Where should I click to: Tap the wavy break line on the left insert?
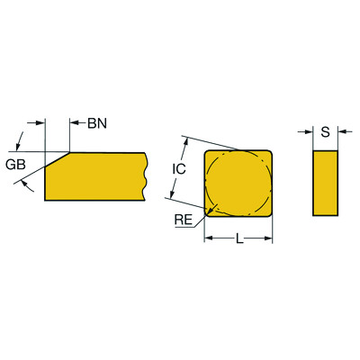click(x=147, y=175)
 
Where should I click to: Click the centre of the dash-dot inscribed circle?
click(x=238, y=183)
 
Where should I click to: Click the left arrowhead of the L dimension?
click(x=209, y=238)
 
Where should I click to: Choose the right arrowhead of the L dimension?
click(x=268, y=238)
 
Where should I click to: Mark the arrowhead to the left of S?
click(x=308, y=133)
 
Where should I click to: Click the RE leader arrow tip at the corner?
click(x=209, y=211)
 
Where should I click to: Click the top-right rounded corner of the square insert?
click(x=267, y=155)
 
